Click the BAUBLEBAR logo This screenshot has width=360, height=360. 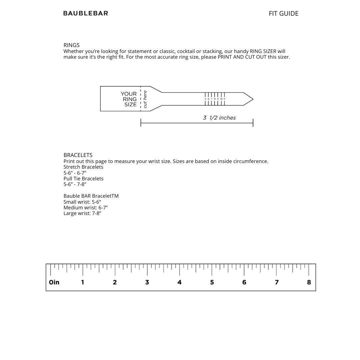[86, 13]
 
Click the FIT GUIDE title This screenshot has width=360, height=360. [283, 14]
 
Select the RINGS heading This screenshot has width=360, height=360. [71, 45]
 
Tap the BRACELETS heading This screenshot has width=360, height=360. [78, 155]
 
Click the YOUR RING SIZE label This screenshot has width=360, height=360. [129, 99]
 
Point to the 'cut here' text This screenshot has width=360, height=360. [145, 99]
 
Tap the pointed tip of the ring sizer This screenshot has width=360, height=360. [252, 99]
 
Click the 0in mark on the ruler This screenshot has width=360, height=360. [54, 282]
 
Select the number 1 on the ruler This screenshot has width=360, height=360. [83, 282]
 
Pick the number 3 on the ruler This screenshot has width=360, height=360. [147, 282]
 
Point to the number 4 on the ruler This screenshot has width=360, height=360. [179, 282]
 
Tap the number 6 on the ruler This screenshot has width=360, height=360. [244, 282]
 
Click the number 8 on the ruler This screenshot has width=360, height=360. [309, 282]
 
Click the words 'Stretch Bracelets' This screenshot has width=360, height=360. [83, 167]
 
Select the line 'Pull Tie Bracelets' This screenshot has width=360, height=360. [83, 179]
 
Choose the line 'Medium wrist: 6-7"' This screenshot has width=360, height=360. [85, 208]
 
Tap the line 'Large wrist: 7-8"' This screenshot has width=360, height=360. [82, 213]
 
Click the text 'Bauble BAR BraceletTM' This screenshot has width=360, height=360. [91, 196]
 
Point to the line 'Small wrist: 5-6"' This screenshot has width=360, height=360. [82, 202]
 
